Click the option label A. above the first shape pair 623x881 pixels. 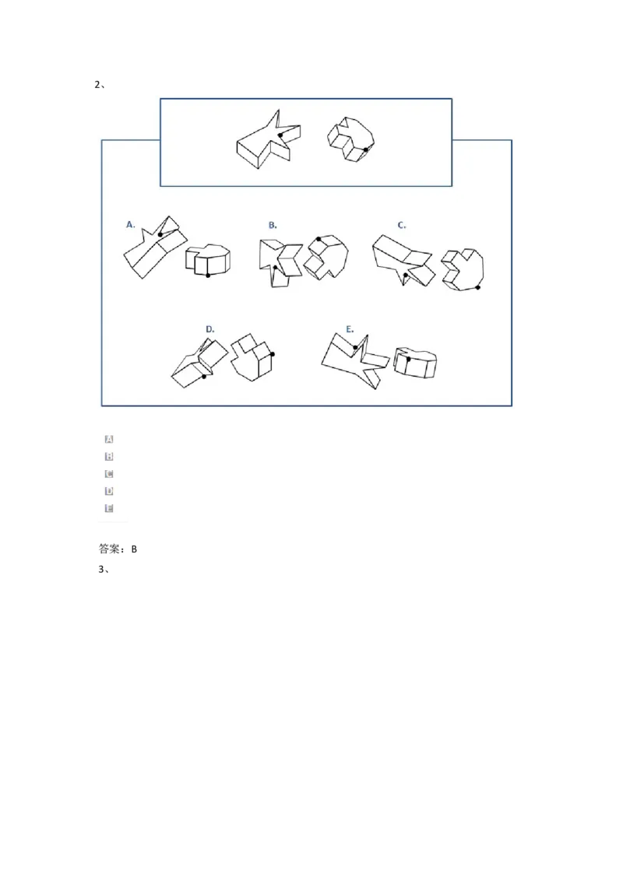pyautogui.click(x=131, y=224)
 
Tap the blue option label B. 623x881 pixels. pyautogui.click(x=273, y=224)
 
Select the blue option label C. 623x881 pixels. pyautogui.click(x=402, y=225)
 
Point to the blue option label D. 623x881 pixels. pyautogui.click(x=210, y=329)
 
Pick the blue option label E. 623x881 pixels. pyautogui.click(x=350, y=329)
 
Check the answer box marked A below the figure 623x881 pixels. pyautogui.click(x=109, y=440)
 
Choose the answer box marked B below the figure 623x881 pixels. pyautogui.click(x=109, y=457)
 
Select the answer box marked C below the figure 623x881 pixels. pyautogui.click(x=109, y=474)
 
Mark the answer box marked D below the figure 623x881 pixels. pyautogui.click(x=109, y=491)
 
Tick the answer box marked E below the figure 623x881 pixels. pyautogui.click(x=109, y=508)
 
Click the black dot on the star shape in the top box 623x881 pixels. pyautogui.click(x=281, y=135)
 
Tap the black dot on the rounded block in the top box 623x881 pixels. pyautogui.click(x=366, y=149)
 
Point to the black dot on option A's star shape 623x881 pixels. pyautogui.click(x=160, y=234)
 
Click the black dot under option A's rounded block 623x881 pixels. pyautogui.click(x=208, y=275)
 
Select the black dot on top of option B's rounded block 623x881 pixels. pyautogui.click(x=319, y=239)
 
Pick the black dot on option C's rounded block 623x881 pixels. pyautogui.click(x=478, y=287)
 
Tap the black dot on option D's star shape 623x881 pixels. pyautogui.click(x=204, y=377)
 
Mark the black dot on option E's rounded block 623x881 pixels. pyautogui.click(x=407, y=359)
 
